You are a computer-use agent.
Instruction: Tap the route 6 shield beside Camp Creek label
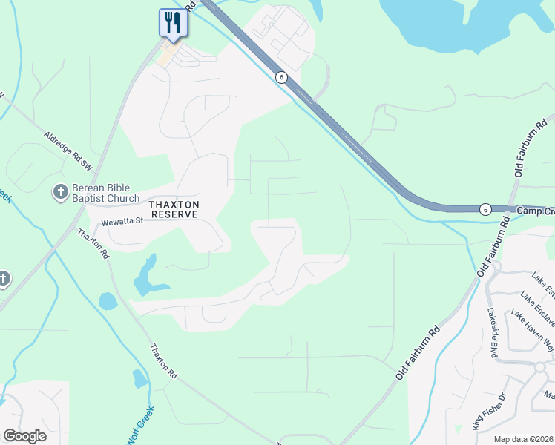[485, 210]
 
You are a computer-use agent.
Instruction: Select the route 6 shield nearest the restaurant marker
[280, 76]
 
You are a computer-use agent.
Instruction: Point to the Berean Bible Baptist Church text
[105, 194]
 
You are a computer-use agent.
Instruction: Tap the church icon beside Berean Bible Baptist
[60, 193]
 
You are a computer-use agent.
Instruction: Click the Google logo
[24, 436]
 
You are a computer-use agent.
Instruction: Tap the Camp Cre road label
[534, 211]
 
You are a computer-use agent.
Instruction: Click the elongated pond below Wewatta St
[145, 276]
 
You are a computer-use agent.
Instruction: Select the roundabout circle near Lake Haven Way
[540, 366]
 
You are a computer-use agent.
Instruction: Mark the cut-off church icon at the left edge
[3, 279]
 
